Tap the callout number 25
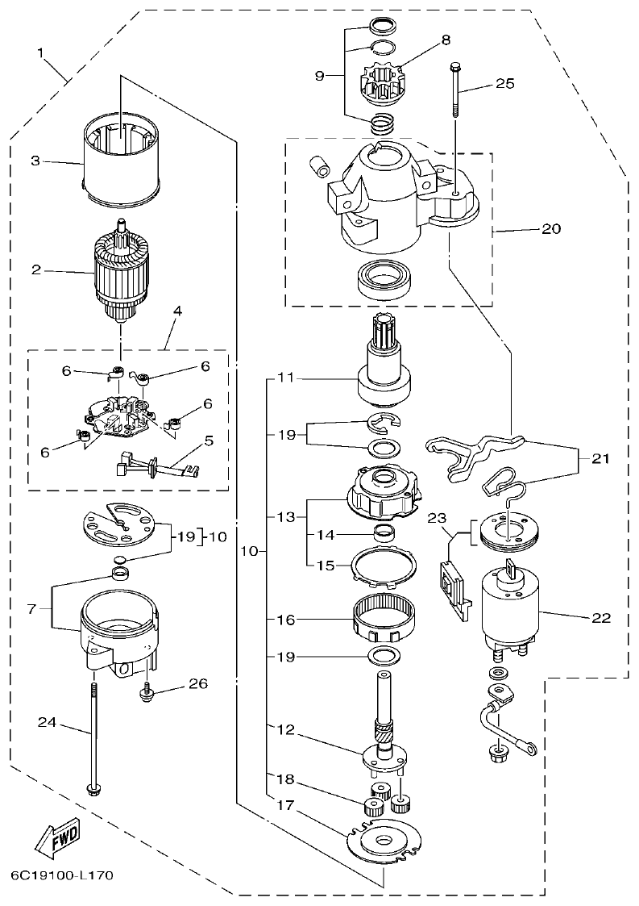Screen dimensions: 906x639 (504, 84)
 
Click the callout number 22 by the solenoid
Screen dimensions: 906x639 (600, 619)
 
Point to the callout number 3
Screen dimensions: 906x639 (35, 161)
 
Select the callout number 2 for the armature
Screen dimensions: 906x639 (36, 269)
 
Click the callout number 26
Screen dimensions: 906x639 (198, 684)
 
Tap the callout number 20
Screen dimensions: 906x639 (550, 228)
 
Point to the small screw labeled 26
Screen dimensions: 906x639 (148, 691)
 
